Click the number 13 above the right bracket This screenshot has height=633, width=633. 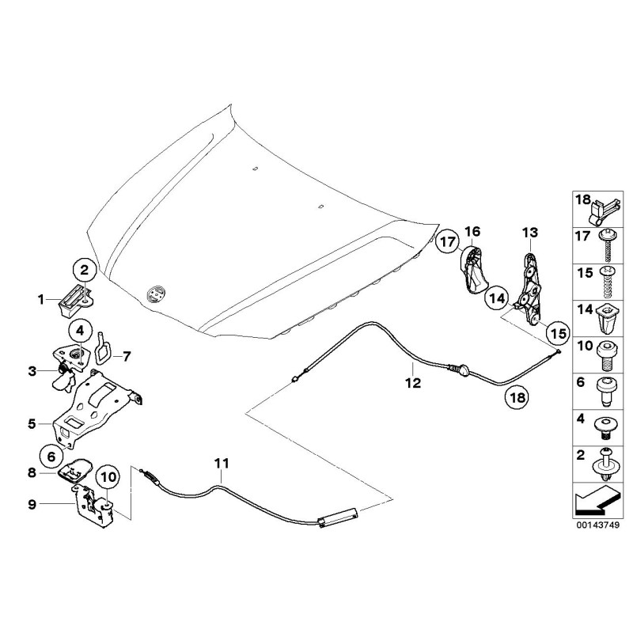coord(529,232)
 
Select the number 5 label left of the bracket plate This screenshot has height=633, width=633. coord(32,423)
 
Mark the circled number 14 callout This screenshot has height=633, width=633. coord(496,298)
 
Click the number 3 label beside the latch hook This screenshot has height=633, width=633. coord(32,370)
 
